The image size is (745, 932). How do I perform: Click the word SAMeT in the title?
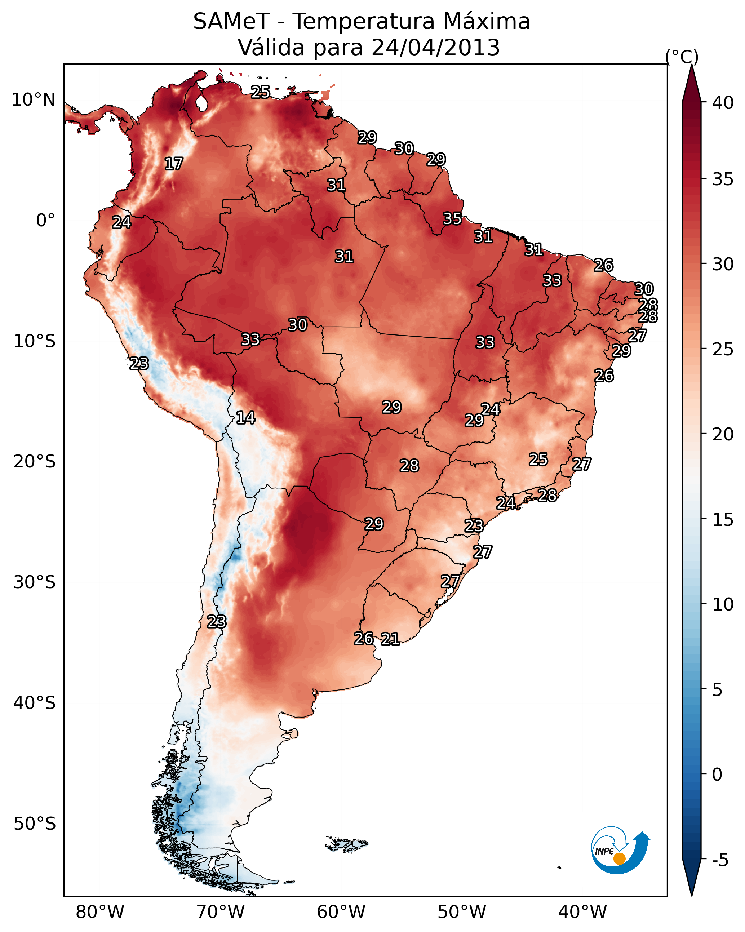click(231, 22)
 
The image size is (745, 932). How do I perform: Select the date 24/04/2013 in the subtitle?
click(435, 48)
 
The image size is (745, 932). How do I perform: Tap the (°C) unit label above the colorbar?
click(682, 57)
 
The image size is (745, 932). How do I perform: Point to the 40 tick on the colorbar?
click(723, 103)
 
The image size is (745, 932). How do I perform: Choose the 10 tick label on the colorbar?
click(723, 604)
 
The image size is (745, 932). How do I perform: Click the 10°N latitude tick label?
click(33, 100)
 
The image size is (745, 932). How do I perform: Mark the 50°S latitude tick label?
click(35, 824)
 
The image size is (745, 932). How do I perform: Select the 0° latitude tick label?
click(46, 221)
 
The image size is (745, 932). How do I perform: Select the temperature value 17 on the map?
click(174, 164)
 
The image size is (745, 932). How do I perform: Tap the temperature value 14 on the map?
click(245, 418)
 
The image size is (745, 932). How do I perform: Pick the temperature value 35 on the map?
click(452, 219)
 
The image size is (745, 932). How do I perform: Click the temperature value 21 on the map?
click(390, 639)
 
